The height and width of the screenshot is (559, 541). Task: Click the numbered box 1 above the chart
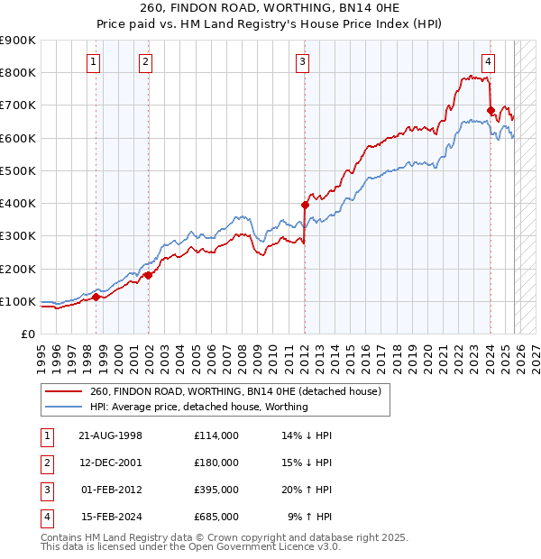(x=95, y=62)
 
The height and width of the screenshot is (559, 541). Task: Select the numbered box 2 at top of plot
(x=145, y=62)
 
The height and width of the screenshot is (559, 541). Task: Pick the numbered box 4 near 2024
(x=488, y=62)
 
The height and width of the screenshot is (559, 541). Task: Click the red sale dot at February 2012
(x=305, y=205)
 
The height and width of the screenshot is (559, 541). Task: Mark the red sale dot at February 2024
(x=491, y=110)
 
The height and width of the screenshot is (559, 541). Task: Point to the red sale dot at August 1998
(x=96, y=297)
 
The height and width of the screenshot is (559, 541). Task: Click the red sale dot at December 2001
(x=148, y=275)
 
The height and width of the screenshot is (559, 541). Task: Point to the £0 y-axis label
(x=27, y=334)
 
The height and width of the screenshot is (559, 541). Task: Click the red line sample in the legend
(x=64, y=391)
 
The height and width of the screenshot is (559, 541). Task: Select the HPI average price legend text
(x=199, y=407)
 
